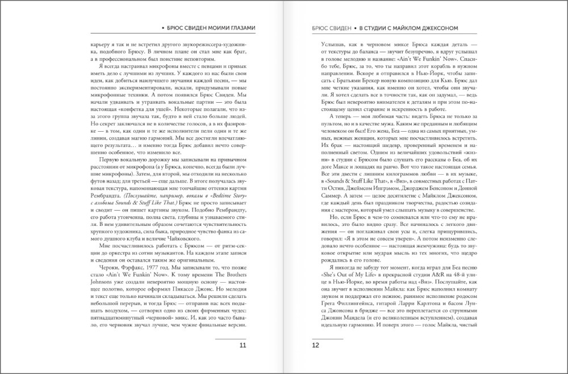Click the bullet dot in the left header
click(x=163, y=27)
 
